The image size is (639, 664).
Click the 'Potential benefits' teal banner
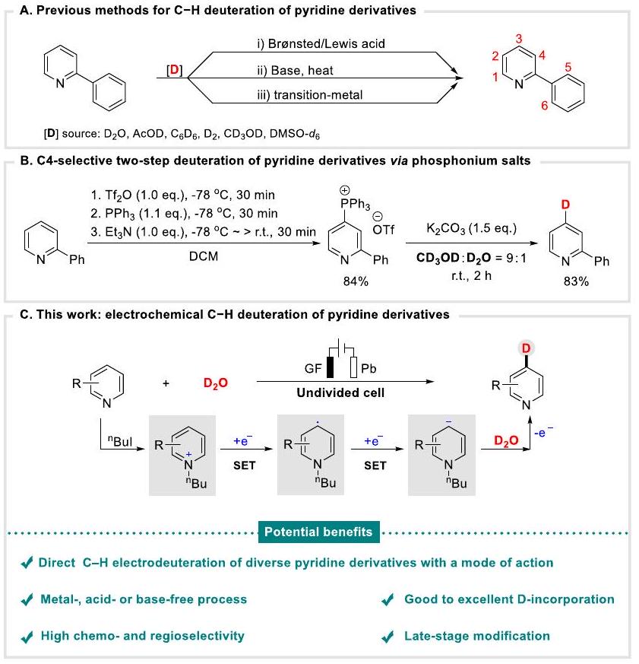point(318,532)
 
